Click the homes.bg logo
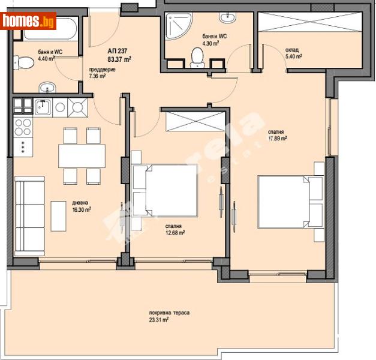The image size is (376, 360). pos(28,21)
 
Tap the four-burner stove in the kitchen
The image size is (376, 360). pos(23,127)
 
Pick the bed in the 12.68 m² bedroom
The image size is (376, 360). pos(165,191)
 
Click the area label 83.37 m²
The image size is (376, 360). pos(119,59)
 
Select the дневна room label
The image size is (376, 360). pos(80,202)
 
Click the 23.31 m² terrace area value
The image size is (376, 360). pos(166,321)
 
